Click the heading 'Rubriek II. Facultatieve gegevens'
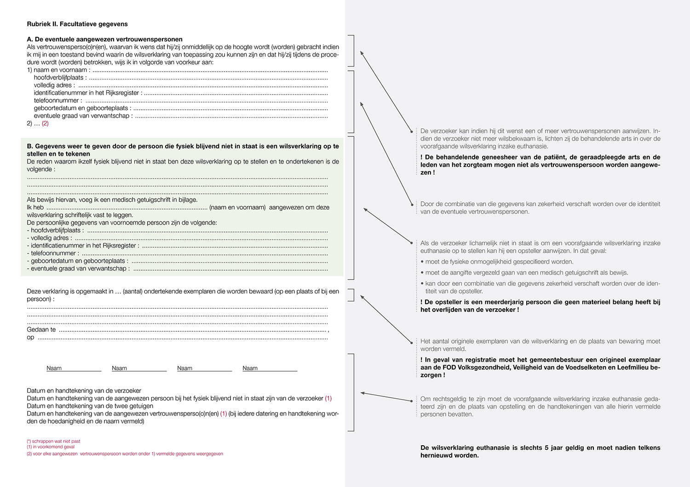pyautogui.click(x=77, y=24)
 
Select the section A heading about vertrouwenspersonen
pyautogui.click(x=104, y=40)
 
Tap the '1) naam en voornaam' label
pyautogui.click(x=58, y=70)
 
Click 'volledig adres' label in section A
pyautogui.click(x=54, y=85)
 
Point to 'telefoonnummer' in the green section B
pyautogui.click(x=53, y=253)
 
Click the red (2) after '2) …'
pyautogui.click(x=45, y=124)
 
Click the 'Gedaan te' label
pyautogui.click(x=41, y=329)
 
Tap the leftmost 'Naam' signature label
pyautogui.click(x=54, y=368)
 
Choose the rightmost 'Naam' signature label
pyautogui.click(x=250, y=368)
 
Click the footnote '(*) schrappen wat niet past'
pyautogui.click(x=53, y=441)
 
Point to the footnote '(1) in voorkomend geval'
pyautogui.click(x=51, y=447)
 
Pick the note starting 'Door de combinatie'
pyautogui.click(x=540, y=208)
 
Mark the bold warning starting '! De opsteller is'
pyautogui.click(x=540, y=306)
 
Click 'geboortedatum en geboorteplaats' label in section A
pyautogui.click(x=80, y=108)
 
